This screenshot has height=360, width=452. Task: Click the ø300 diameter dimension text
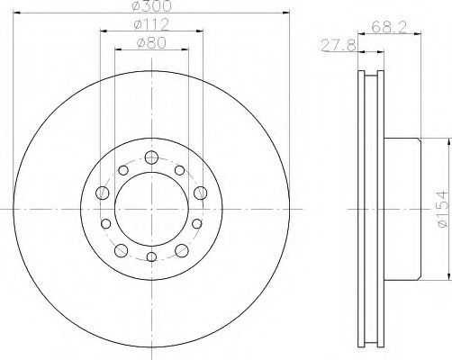click(150, 6)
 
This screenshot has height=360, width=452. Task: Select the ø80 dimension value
click(150, 43)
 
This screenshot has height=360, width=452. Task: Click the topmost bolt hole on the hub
click(150, 159)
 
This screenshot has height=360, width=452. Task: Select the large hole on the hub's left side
click(102, 194)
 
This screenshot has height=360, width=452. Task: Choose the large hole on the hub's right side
click(200, 194)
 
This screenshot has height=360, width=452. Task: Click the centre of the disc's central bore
click(150, 210)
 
